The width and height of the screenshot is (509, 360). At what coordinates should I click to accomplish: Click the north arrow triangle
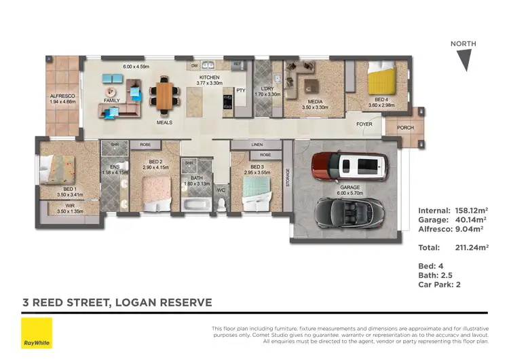coord(464,60)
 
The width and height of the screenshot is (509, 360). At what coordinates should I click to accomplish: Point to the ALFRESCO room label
coord(62,96)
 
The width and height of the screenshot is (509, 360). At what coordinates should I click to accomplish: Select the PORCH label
coord(405,128)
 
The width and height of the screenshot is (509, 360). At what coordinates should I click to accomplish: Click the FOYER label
coord(365,125)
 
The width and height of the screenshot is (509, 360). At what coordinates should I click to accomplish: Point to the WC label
coord(221,190)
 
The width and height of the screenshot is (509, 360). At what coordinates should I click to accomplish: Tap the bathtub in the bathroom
coord(197,203)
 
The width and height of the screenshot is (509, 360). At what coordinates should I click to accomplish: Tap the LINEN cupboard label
coord(257,145)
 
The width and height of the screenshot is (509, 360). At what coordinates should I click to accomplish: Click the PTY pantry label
coord(240,90)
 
